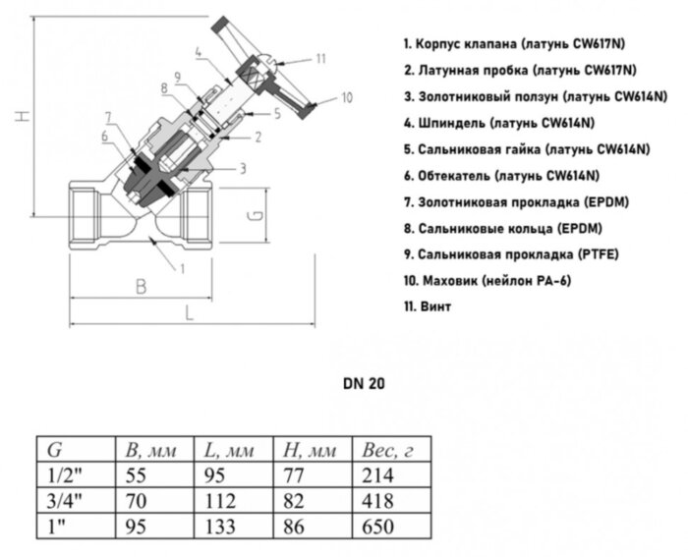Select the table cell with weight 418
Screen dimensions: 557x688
tap(378, 500)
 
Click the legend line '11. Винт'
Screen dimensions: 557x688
tap(428, 307)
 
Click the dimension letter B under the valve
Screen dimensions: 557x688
tap(140, 286)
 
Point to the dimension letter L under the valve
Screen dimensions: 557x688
tap(188, 313)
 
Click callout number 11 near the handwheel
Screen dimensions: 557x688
tap(320, 60)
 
